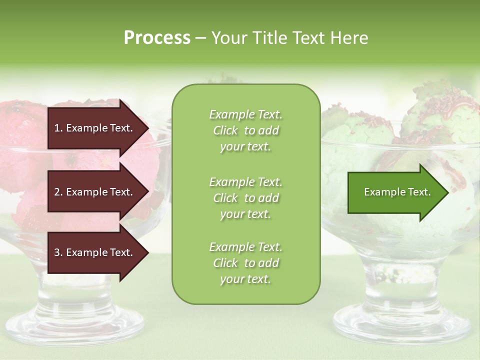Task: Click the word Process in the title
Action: tap(157, 38)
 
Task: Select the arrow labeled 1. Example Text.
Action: tap(95, 128)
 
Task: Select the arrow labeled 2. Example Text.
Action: tap(95, 192)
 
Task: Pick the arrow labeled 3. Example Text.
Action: tap(95, 252)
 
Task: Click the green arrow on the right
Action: tap(395, 192)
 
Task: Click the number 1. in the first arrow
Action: tap(58, 128)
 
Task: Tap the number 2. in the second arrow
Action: tap(58, 192)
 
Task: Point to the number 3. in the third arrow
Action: tap(58, 252)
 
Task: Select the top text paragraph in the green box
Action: tap(245, 130)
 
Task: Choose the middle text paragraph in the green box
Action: tap(245, 198)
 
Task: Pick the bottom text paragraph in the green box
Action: tap(245, 263)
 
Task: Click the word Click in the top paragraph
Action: tap(225, 131)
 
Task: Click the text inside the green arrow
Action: tap(397, 192)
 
